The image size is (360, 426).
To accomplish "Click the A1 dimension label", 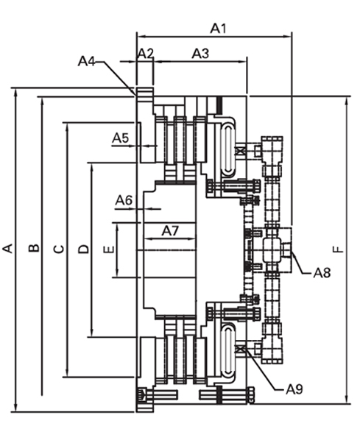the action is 219,28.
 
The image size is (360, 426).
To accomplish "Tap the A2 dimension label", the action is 146,54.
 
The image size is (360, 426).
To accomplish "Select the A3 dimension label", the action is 201,54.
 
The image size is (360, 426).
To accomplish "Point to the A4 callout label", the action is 87,61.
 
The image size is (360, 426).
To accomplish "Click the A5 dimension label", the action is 120,138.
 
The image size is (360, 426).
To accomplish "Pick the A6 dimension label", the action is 124,201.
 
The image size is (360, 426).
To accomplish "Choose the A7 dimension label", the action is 171,231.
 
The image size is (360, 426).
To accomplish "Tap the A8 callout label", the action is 322,273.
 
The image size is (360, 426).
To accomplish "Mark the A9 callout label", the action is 294,390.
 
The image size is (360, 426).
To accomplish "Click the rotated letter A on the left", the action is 8,249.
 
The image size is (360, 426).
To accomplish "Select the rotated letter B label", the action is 34,248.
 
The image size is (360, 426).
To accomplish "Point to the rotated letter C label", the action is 60,249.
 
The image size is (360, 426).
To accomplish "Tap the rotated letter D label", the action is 83,249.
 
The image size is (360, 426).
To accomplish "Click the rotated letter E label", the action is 109,249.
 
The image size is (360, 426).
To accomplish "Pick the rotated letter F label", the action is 338,249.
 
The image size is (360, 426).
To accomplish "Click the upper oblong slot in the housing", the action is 227,149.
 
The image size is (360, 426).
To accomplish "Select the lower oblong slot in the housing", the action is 227,350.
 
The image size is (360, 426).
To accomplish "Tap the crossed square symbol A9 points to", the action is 240,349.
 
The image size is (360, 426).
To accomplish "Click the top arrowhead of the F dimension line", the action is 347,102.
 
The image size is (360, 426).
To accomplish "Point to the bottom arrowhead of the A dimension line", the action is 15,407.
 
